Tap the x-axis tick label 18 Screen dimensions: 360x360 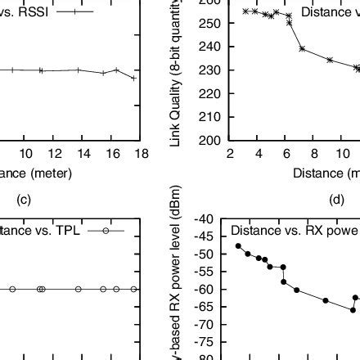[141, 154]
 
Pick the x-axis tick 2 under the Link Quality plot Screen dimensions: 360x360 [231, 154]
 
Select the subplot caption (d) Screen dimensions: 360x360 [337, 198]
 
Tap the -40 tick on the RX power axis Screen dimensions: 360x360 [206, 219]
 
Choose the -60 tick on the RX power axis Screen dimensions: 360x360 [206, 289]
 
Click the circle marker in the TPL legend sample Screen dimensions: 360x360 [106, 231]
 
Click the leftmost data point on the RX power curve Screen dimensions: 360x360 [238, 245]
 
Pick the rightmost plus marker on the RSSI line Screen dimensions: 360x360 [133, 78]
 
